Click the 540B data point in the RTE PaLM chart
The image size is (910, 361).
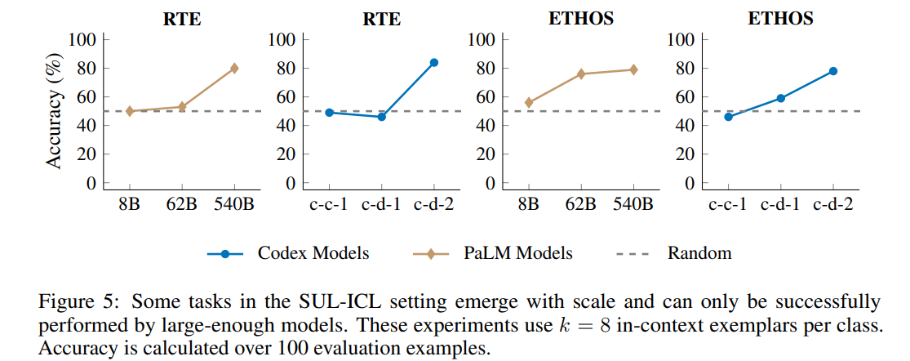(234, 68)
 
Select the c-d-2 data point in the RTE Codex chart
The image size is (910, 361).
(434, 62)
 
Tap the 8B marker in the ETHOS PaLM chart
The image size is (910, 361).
(529, 102)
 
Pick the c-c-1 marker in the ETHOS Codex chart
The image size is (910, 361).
(728, 117)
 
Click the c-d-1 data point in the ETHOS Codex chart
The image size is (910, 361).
(781, 98)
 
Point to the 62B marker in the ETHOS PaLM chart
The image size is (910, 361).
(581, 74)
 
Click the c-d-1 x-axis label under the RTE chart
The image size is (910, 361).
(381, 204)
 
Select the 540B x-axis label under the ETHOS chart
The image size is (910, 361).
(633, 204)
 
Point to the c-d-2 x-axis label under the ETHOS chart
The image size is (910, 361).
(833, 204)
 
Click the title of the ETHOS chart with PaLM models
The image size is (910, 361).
(581, 18)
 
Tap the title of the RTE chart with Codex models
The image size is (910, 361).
(381, 18)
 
